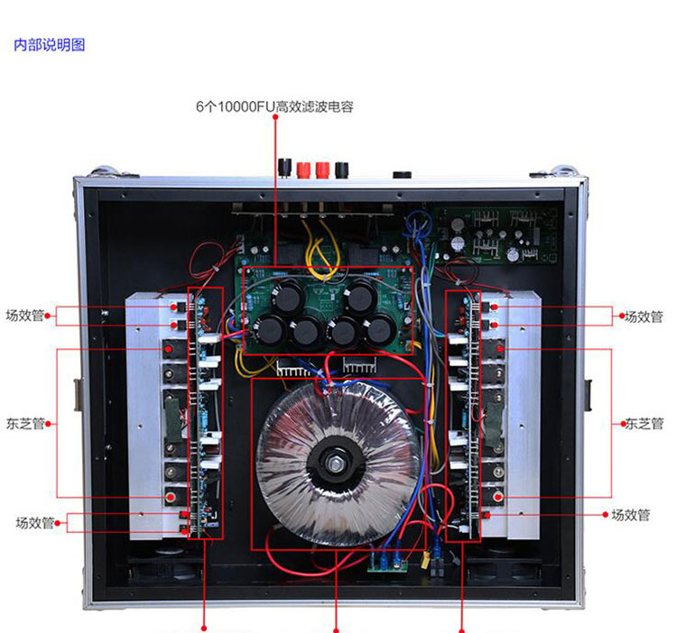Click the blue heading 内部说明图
coord(50,45)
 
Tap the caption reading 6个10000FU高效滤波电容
coord(274,106)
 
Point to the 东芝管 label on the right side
coord(644,423)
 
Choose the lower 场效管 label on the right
coord(631,516)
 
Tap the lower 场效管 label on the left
coord(34,522)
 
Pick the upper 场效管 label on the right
coord(644,316)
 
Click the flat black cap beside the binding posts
coord(402,174)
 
